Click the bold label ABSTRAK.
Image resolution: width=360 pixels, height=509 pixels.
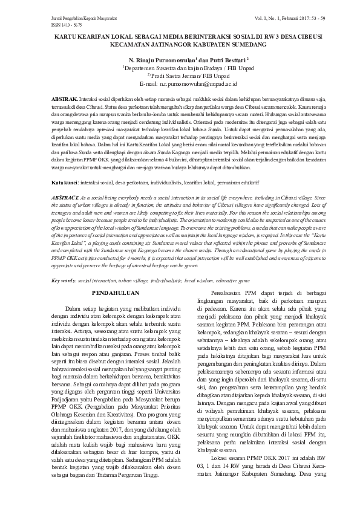pos(64,98)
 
